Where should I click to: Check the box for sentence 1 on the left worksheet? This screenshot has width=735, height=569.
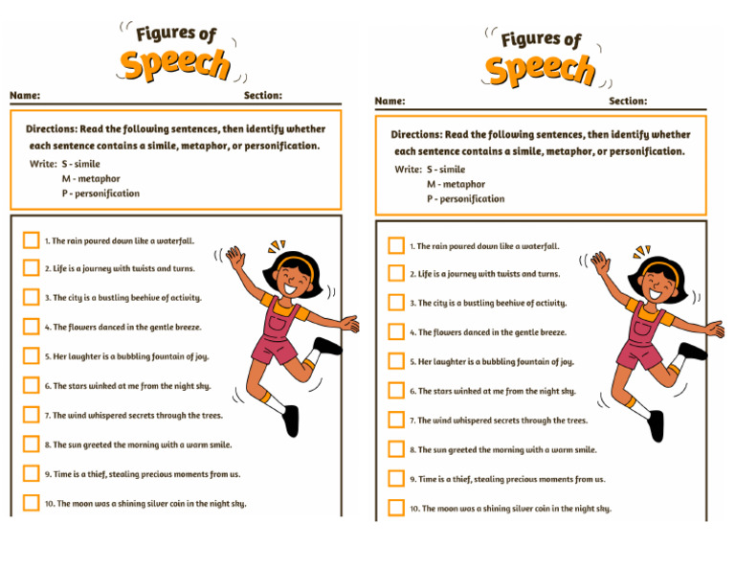tap(32, 240)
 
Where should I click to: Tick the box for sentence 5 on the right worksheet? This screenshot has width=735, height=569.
tap(396, 361)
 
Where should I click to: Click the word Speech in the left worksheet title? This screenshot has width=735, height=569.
tap(174, 64)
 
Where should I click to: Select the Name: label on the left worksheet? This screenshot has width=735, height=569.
tap(25, 96)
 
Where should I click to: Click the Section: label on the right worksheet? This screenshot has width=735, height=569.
tap(628, 101)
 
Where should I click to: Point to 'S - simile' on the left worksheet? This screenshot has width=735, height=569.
tap(80, 164)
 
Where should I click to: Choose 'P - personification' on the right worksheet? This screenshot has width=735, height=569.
tap(465, 199)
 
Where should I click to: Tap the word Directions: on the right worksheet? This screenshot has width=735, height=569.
tap(416, 135)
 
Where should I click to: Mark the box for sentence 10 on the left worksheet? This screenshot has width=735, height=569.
tap(32, 502)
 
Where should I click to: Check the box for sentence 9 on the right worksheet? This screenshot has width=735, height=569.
tap(396, 478)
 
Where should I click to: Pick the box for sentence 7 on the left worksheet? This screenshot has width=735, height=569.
tap(32, 415)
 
